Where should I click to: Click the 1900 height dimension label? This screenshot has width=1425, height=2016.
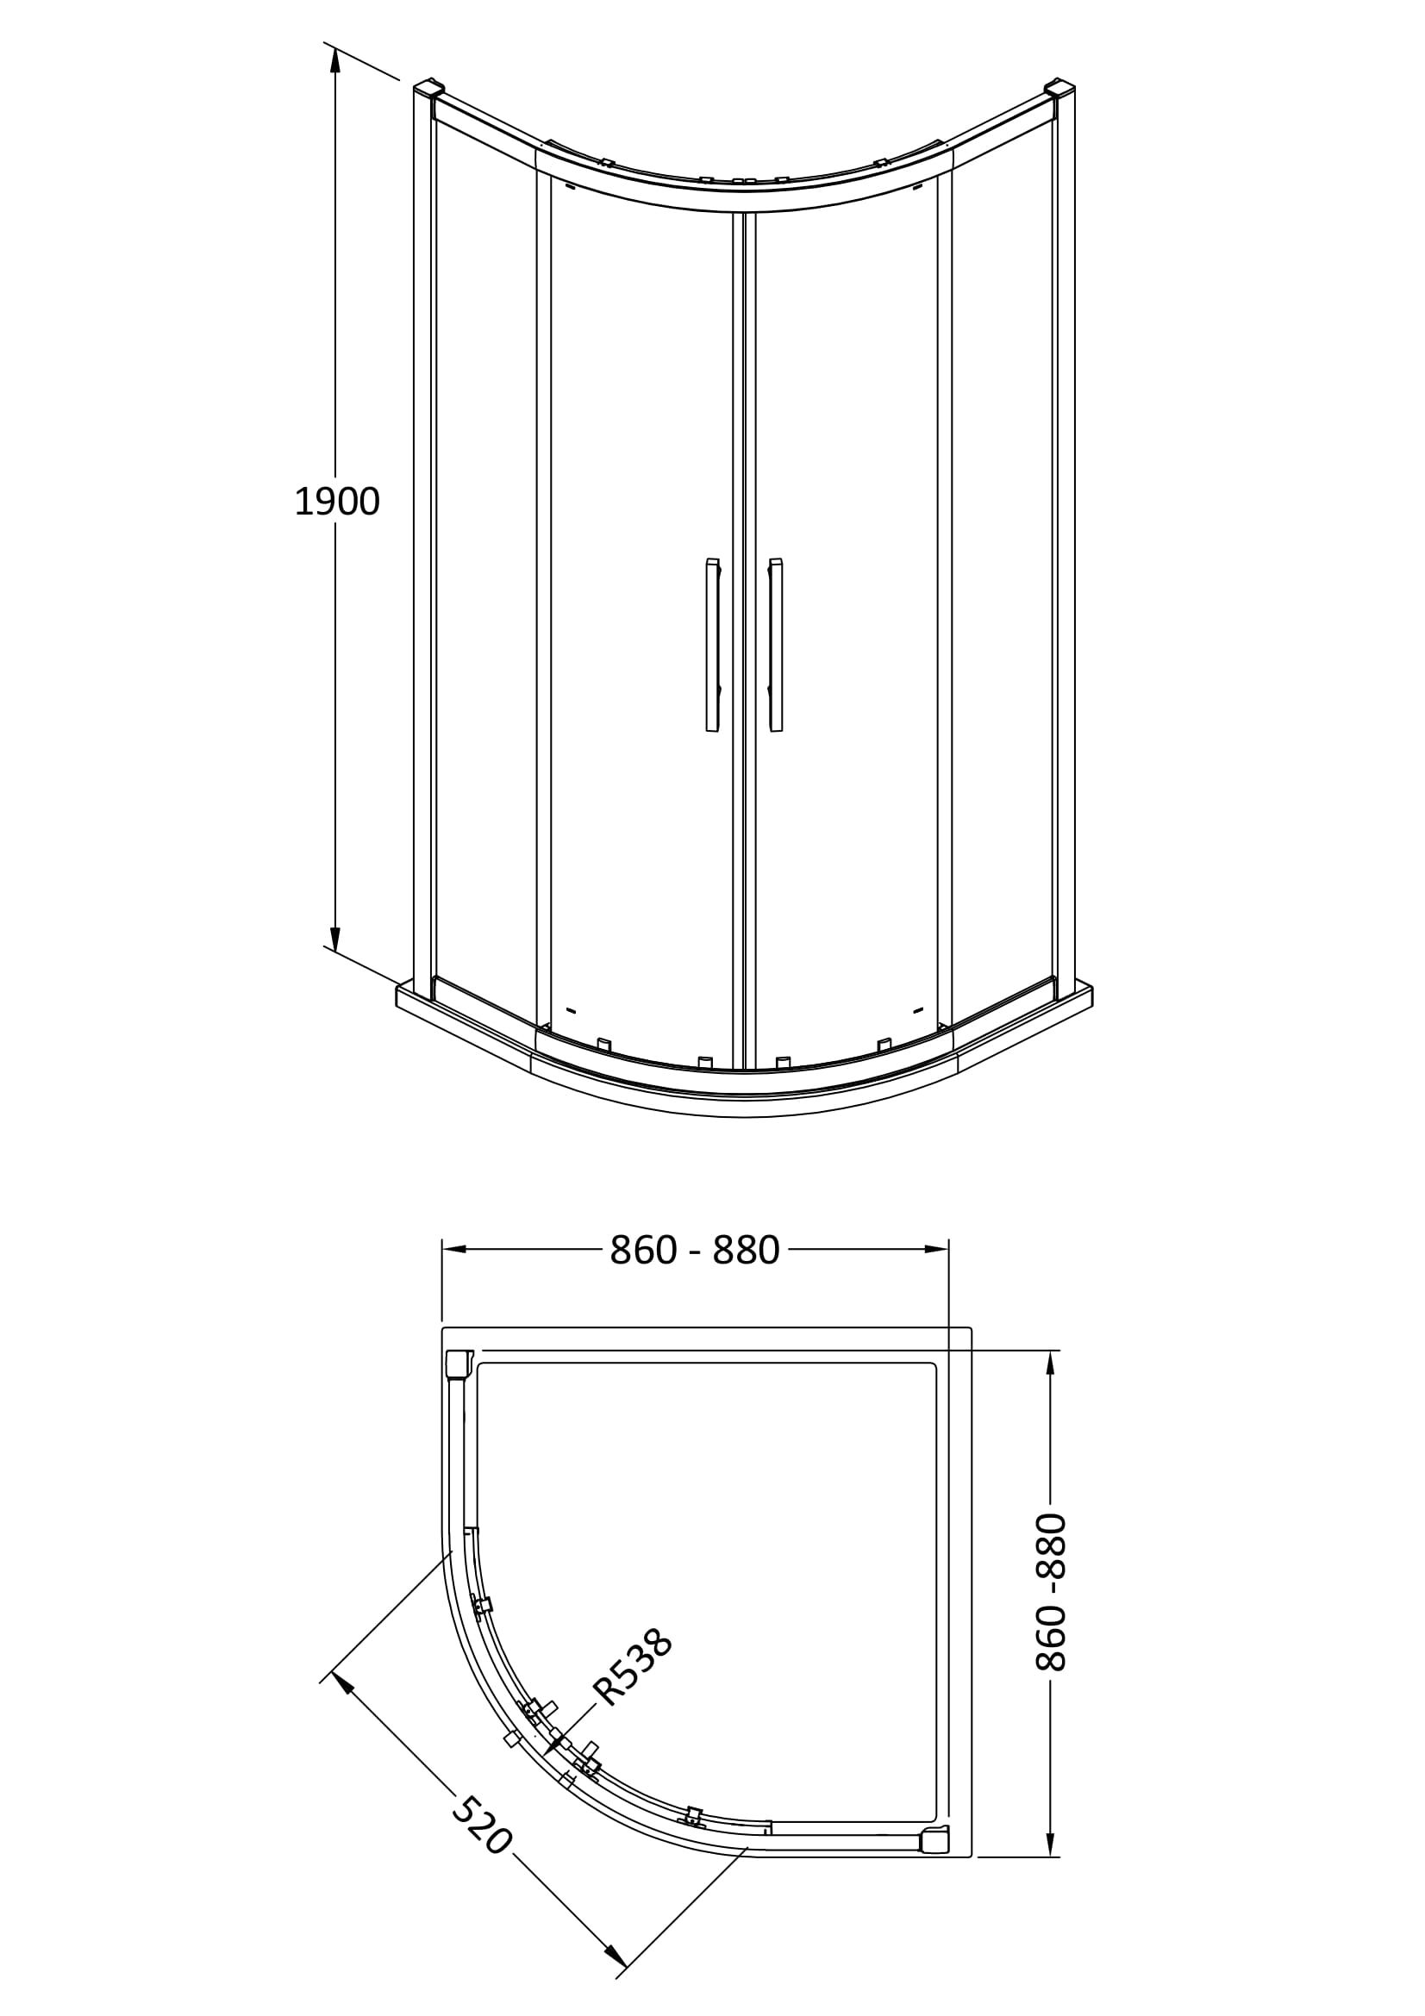pos(337,502)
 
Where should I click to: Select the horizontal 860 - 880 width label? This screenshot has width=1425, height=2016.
pos(695,1251)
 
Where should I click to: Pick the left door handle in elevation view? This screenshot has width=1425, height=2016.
pos(712,645)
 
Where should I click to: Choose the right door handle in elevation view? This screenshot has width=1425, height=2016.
pos(775,645)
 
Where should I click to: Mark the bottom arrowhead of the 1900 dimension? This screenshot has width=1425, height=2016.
pos(334,937)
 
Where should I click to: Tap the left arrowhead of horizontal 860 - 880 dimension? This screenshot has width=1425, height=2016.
pos(455,1249)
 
